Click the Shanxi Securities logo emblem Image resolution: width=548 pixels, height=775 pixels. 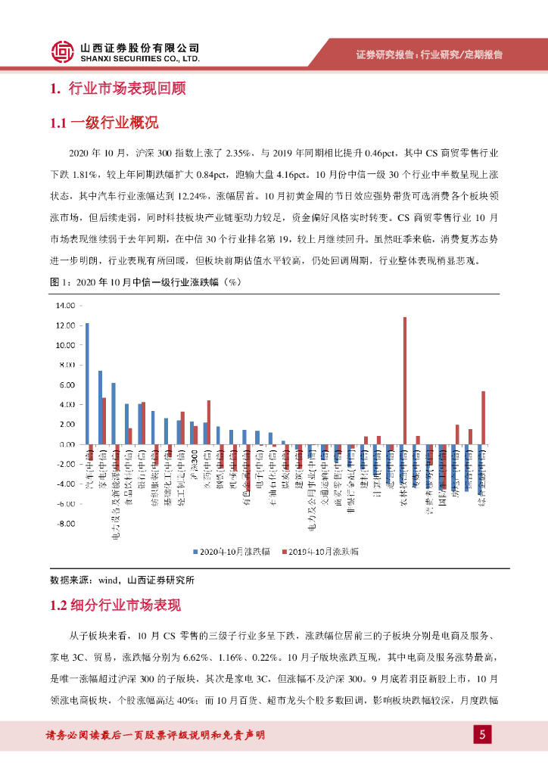(x=63, y=51)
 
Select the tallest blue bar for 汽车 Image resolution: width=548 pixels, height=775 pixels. (x=87, y=383)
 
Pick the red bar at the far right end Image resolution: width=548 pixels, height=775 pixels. (x=483, y=417)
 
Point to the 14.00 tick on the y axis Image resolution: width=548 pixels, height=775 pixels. (x=64, y=306)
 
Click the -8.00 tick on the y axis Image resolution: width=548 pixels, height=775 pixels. (x=64, y=523)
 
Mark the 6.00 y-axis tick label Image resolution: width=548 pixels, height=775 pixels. (x=66, y=384)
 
